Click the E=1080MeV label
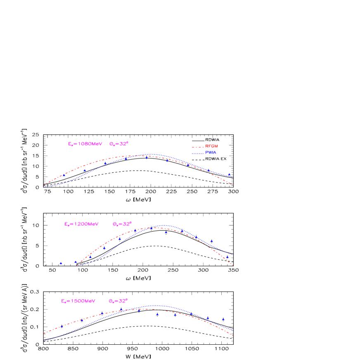click(85, 144)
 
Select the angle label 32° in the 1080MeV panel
click(119, 144)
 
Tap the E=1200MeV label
click(81, 224)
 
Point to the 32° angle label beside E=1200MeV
click(122, 224)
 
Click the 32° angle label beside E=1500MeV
click(118, 301)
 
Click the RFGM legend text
click(211, 147)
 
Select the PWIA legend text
click(211, 153)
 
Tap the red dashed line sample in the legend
click(198, 147)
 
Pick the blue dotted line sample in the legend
click(198, 153)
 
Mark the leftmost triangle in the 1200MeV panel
click(61, 263)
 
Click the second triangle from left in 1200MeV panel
click(76, 262)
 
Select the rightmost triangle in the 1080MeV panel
click(229, 174)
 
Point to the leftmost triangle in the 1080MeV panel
click(64, 175)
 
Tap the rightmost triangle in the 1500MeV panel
click(223, 319)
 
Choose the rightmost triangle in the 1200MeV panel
click(227, 257)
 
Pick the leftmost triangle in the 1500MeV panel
click(62, 326)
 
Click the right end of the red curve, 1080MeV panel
click(233, 185)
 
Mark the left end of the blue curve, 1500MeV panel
click(43, 341)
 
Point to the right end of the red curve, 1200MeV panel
click(234, 265)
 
